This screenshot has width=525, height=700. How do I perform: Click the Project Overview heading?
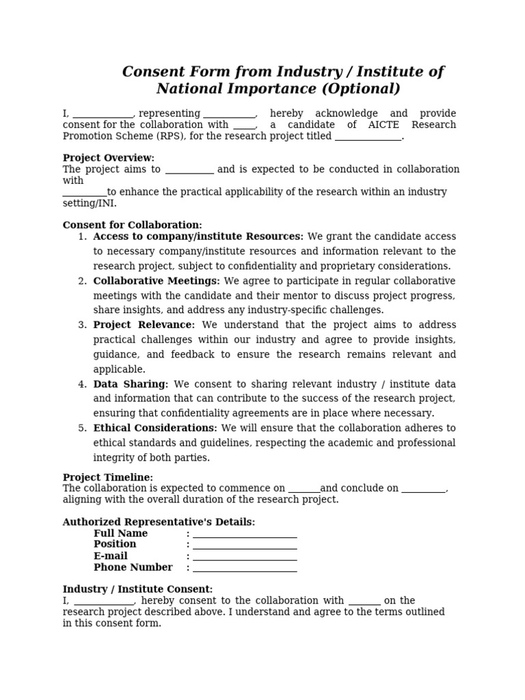point(108,158)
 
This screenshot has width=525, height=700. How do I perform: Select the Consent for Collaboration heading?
point(132,225)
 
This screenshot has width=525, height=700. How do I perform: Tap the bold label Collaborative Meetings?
point(157,281)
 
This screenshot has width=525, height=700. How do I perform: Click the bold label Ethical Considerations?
point(155,428)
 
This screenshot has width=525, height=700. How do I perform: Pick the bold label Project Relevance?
point(144,325)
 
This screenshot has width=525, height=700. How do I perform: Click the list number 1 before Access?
point(82,237)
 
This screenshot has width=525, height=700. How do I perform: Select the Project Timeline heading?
point(107,477)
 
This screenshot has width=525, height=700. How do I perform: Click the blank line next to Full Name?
point(245,535)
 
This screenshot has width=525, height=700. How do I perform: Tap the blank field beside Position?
point(245,546)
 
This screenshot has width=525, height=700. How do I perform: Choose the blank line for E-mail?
point(245,557)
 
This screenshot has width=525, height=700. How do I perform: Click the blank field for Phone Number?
point(245,569)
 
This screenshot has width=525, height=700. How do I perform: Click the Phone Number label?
point(133,567)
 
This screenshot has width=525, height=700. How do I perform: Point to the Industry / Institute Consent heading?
point(137,589)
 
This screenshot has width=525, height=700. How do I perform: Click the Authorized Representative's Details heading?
point(159,522)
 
